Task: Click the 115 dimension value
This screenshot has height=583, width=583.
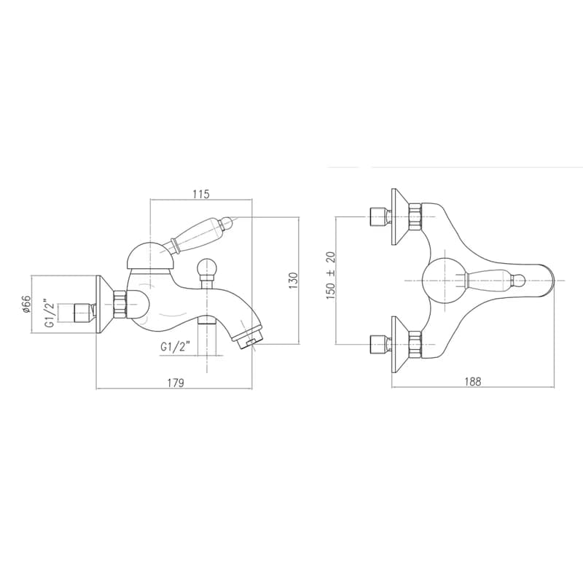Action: (201, 194)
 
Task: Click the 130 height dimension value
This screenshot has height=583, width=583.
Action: (294, 281)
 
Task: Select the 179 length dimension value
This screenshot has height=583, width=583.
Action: (176, 383)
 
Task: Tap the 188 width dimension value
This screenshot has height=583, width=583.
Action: (472, 381)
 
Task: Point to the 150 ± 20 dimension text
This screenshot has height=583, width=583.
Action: (331, 275)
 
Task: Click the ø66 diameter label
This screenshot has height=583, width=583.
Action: (26, 305)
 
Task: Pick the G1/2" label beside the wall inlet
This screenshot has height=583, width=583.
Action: (50, 313)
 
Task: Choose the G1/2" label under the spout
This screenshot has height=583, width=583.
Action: (176, 347)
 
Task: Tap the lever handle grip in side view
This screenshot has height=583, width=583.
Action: (195, 235)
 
